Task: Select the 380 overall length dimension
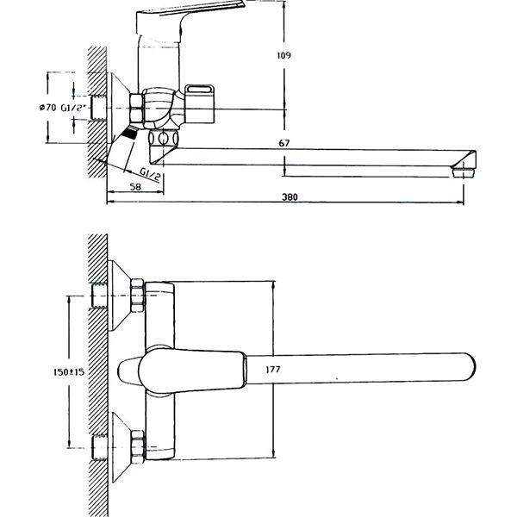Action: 290,197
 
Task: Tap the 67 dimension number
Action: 284,143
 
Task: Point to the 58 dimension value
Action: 135,187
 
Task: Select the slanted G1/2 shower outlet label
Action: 152,176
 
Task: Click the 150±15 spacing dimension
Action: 66,371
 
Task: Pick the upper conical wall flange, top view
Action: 117,298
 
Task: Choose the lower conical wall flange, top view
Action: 117,445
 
